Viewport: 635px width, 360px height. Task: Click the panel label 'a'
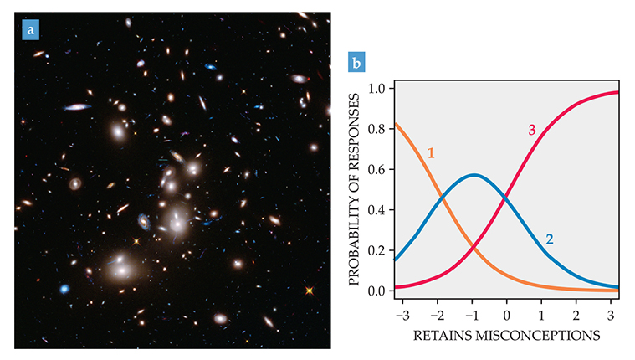(31, 31)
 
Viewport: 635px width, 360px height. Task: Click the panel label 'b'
(357, 63)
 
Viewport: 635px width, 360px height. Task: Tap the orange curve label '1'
(430, 152)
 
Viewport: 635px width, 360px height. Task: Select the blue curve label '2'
(549, 239)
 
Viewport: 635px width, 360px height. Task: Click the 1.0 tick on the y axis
(376, 88)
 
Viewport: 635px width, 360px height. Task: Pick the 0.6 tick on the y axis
(376, 169)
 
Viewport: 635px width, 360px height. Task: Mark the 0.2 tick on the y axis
(376, 250)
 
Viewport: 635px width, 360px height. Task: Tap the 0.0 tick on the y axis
(376, 291)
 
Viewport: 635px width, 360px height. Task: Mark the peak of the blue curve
(474, 175)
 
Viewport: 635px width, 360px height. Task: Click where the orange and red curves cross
(474, 247)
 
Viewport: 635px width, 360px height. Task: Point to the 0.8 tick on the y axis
(376, 129)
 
